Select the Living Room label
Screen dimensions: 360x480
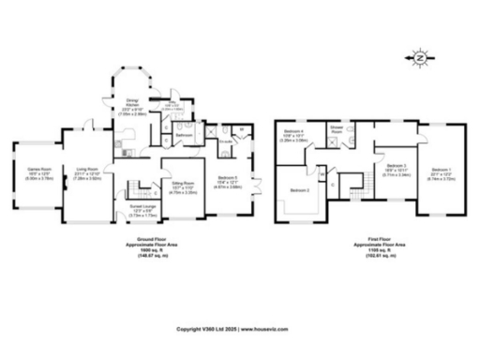[x=87, y=171]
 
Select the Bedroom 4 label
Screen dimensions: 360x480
[x=296, y=135]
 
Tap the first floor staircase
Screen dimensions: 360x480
[x=354, y=184]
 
